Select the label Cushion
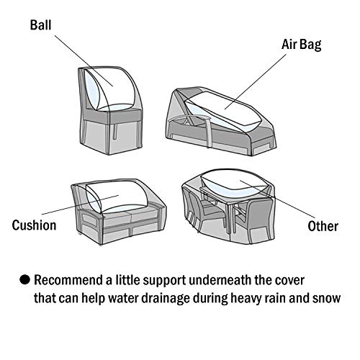(x=34, y=225)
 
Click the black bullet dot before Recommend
(x=24, y=279)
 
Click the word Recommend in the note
(x=72, y=279)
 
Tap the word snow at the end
(x=326, y=298)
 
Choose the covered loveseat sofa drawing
(x=119, y=209)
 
